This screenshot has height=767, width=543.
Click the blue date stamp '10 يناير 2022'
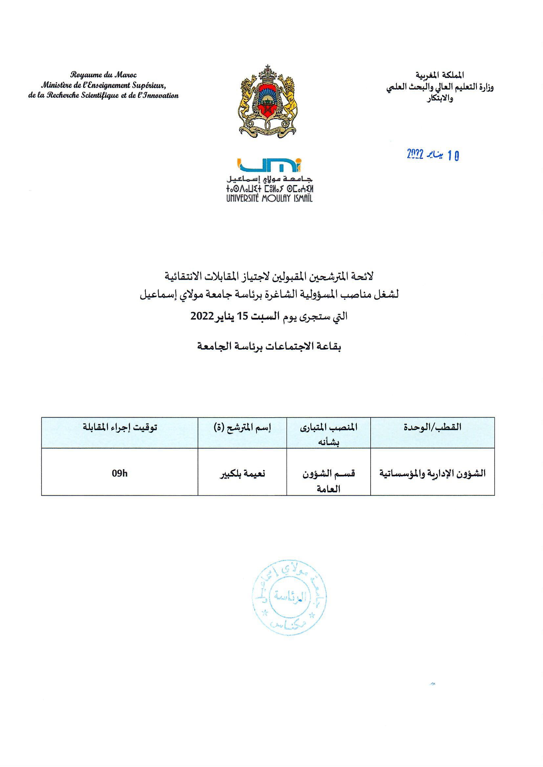pyautogui.click(x=433, y=155)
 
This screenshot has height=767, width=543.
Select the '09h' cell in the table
pyautogui.click(x=120, y=473)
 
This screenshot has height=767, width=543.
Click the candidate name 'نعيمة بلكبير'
pyautogui.click(x=242, y=473)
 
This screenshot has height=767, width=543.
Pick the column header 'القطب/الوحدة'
pyautogui.click(x=432, y=427)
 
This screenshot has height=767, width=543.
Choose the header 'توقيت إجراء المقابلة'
pyautogui.click(x=120, y=427)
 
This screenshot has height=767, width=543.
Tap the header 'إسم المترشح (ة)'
pyautogui.click(x=242, y=427)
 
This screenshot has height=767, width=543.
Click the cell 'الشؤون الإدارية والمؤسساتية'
pyautogui.click(x=432, y=473)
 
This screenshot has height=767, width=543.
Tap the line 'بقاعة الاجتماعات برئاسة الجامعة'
pyautogui.click(x=269, y=347)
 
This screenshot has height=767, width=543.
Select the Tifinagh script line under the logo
pyautogui.click(x=270, y=189)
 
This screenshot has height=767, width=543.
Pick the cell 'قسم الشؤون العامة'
pyautogui.click(x=329, y=481)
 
